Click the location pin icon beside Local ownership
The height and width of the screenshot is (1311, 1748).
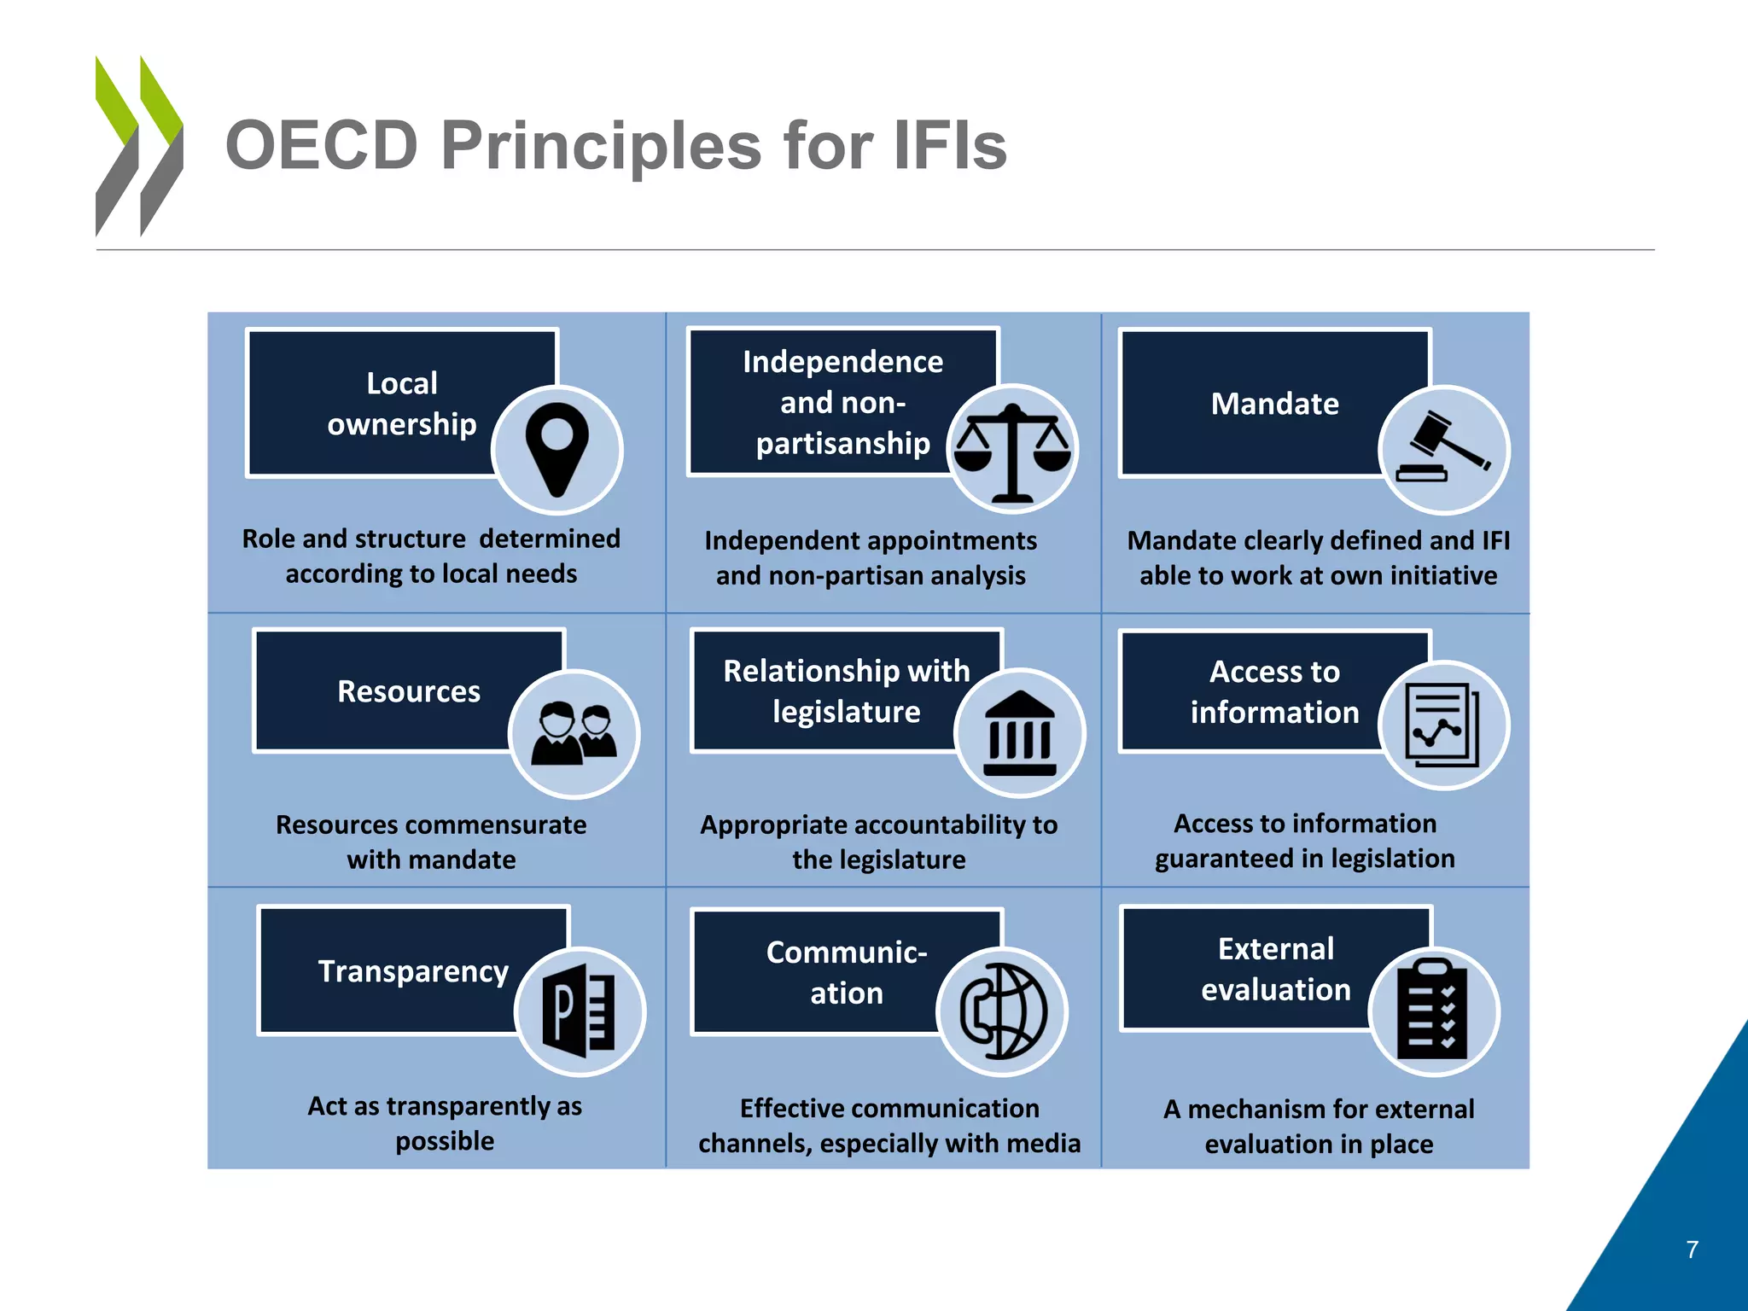pyautogui.click(x=557, y=449)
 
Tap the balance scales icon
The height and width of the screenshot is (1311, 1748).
pyautogui.click(x=1013, y=450)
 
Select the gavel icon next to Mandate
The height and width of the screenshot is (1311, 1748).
pyautogui.click(x=1444, y=450)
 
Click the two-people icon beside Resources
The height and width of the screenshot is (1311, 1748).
pyautogui.click(x=574, y=734)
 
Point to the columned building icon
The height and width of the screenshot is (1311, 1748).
pyautogui.click(x=1020, y=733)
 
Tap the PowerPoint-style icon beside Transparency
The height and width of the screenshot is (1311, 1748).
pyautogui.click(x=580, y=1011)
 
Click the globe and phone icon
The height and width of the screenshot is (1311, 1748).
pyautogui.click(x=1003, y=1011)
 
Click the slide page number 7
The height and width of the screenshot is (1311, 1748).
pyautogui.click(x=1693, y=1250)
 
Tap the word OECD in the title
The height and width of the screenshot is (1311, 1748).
pyautogui.click(x=322, y=145)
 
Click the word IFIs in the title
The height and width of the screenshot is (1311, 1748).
pyautogui.click(x=950, y=145)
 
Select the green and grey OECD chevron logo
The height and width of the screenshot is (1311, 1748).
pyautogui.click(x=139, y=146)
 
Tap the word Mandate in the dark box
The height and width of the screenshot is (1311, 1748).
pyautogui.click(x=1274, y=404)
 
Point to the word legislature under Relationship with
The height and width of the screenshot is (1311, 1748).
pyautogui.click(x=847, y=712)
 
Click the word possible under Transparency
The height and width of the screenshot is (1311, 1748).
pyautogui.click(x=445, y=1141)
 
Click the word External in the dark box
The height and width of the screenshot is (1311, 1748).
pyautogui.click(x=1275, y=949)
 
